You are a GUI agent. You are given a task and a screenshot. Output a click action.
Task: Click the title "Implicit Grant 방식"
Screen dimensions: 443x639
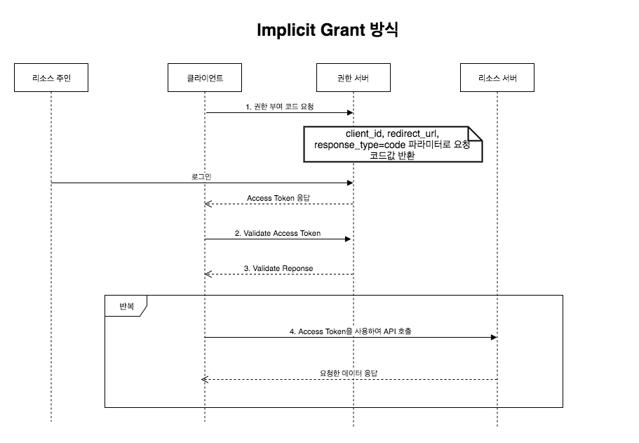click(328, 30)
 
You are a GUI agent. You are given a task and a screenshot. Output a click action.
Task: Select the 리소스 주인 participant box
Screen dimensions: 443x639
click(51, 78)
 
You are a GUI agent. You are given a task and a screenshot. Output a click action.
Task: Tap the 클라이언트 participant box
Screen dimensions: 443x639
click(205, 78)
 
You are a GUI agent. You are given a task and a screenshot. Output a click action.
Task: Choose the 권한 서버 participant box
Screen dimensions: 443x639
click(353, 78)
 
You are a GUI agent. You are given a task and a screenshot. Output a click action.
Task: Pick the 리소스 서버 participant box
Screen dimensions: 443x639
click(497, 78)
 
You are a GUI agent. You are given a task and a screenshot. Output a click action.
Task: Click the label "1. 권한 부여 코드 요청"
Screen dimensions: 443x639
click(280, 107)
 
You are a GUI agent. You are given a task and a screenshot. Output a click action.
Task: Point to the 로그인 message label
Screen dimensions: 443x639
click(201, 177)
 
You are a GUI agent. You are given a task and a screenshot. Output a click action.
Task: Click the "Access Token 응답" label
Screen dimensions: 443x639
click(278, 198)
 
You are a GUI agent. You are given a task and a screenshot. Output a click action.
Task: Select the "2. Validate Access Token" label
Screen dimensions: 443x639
click(278, 233)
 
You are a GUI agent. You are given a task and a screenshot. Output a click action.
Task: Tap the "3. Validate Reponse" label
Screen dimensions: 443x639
click(278, 268)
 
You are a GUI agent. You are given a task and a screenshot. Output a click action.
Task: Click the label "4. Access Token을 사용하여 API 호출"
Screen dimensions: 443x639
click(350, 331)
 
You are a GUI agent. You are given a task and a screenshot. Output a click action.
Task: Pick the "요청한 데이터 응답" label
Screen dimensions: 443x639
click(349, 373)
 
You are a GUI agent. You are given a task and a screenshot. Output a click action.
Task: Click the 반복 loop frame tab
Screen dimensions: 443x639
click(126, 306)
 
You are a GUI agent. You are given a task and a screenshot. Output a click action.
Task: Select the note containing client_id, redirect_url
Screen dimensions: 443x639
click(393, 144)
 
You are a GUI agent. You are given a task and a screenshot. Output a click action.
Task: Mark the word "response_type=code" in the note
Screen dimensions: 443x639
click(344, 145)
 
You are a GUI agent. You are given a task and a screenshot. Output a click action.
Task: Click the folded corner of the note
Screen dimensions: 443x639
click(475, 133)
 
